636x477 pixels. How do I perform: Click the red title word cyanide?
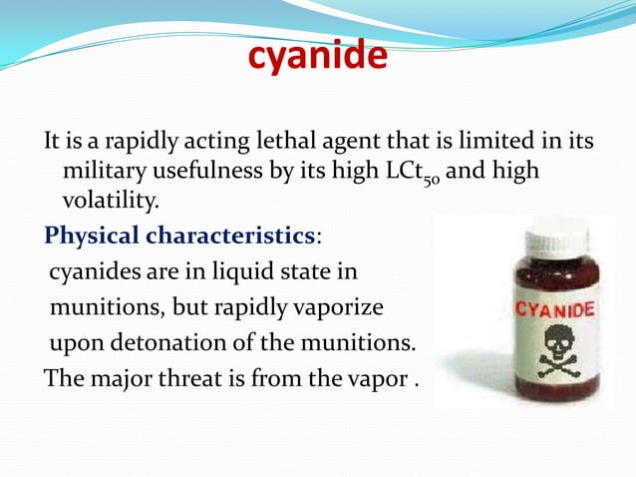[x=317, y=58]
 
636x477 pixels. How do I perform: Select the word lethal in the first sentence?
[x=281, y=143]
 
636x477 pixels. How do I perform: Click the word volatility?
[x=110, y=203]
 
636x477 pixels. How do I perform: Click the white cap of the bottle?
[x=528, y=238]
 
